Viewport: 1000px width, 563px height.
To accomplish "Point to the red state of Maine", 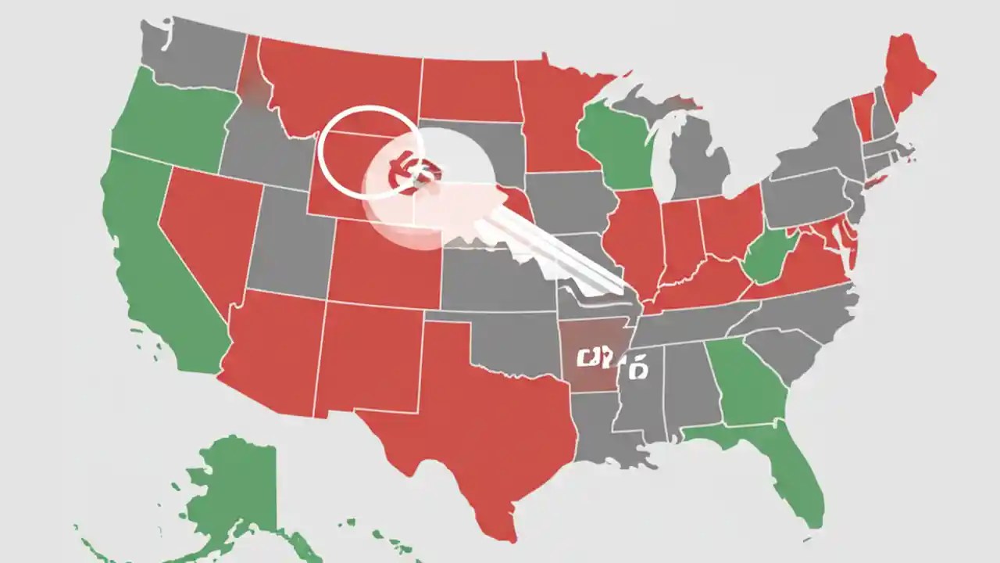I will click(x=906, y=78).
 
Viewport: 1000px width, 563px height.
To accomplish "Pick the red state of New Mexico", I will click(x=367, y=356).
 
